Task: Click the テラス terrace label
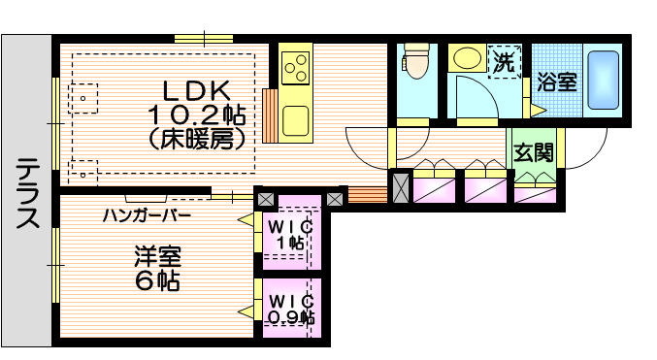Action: pyautogui.click(x=27, y=191)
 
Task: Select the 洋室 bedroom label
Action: pyautogui.click(x=156, y=259)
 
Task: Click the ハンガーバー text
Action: pyautogui.click(x=147, y=213)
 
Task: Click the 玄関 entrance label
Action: pyautogui.click(x=534, y=152)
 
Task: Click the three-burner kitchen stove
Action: pyautogui.click(x=295, y=67)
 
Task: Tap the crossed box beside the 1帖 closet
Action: pyautogui.click(x=265, y=199)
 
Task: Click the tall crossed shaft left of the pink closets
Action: pyautogui.click(x=400, y=186)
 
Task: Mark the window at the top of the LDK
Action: pyautogui.click(x=204, y=39)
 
